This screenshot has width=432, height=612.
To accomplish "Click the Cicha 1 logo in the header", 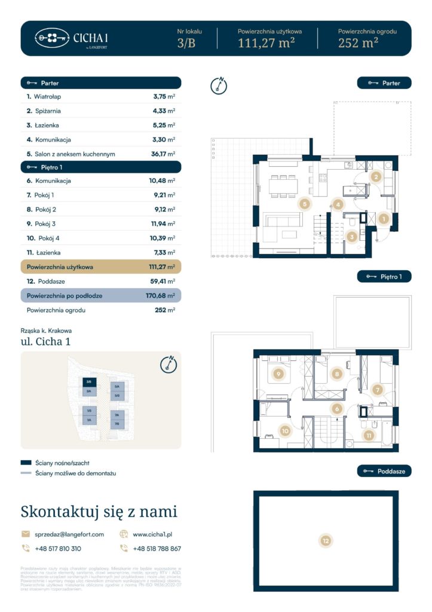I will tap(72, 38).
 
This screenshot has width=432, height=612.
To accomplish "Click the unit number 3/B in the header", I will tap(186, 42).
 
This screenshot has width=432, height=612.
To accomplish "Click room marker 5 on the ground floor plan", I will tap(305, 204).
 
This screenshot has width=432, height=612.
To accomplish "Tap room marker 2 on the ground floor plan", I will tap(376, 176).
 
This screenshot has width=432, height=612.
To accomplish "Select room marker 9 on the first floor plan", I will tap(277, 374).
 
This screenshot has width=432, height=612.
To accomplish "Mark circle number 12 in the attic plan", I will tap(326, 541).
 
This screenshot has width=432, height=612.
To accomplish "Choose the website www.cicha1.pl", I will tap(152, 534).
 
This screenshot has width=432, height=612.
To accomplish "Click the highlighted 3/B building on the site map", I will tap(88, 381).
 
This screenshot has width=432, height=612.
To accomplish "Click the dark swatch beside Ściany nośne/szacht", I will tap(26, 463).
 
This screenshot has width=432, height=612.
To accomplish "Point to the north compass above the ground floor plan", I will tap(219, 85).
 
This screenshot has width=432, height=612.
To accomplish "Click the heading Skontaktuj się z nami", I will tap(99, 512).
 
